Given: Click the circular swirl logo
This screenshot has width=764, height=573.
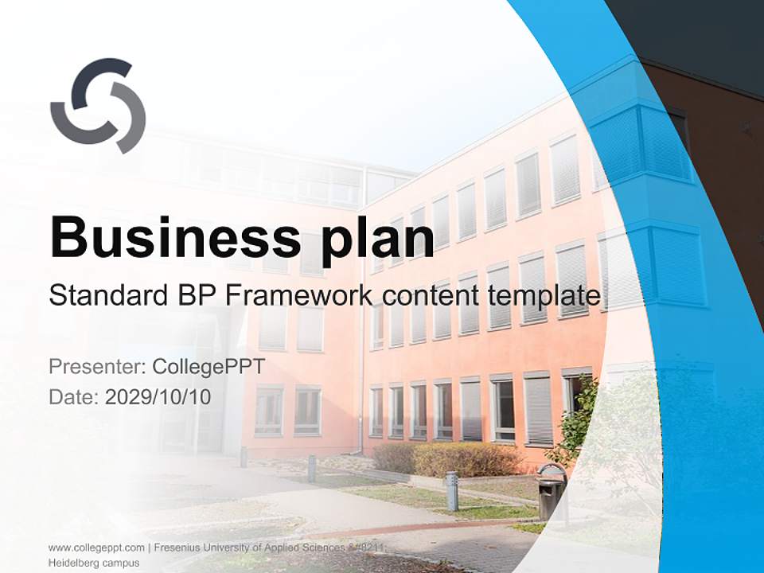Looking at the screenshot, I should pyautogui.click(x=98, y=106).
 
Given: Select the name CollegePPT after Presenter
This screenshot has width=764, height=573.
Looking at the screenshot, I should pyautogui.click(x=209, y=367).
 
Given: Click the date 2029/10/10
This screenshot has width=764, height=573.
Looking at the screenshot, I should pyautogui.click(x=158, y=397).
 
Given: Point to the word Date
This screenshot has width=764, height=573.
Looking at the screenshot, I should pyautogui.click(x=72, y=397).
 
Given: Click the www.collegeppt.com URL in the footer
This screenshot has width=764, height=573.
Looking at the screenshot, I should pyautogui.click(x=96, y=548).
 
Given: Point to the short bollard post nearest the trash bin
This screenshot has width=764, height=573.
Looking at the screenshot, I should pyautogui.click(x=451, y=490).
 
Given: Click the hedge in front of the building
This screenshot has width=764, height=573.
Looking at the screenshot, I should pyautogui.click(x=446, y=460).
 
